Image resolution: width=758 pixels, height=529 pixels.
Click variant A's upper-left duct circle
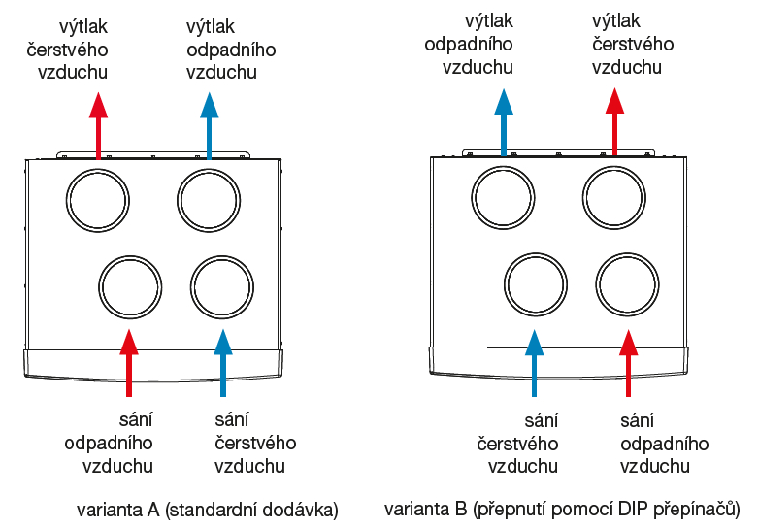click(98, 199)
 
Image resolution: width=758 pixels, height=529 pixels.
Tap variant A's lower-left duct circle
click(129, 286)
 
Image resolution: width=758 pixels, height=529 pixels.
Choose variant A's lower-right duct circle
click(222, 286)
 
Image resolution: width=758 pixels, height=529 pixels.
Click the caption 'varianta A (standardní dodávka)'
click(207, 509)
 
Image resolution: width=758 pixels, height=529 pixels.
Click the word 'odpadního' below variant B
click(664, 444)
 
